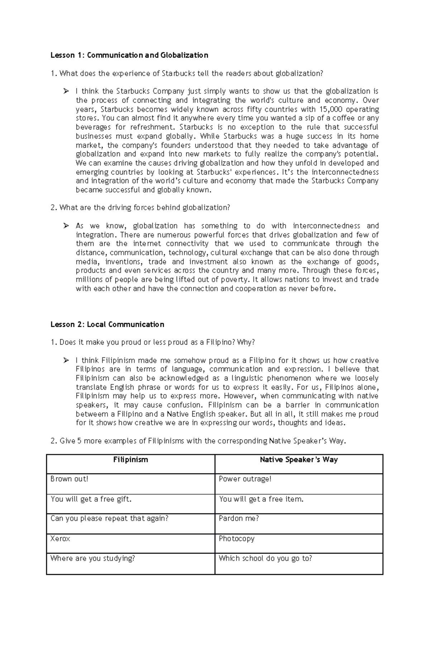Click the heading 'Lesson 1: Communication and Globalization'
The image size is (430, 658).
click(x=129, y=55)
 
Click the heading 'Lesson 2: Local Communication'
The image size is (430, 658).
click(x=107, y=325)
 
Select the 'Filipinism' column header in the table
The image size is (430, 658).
click(x=130, y=460)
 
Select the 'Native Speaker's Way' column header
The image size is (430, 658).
click(x=298, y=460)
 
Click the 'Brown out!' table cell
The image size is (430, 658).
click(x=69, y=479)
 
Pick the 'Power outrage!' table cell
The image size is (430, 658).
click(x=245, y=479)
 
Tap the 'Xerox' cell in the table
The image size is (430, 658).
click(x=60, y=539)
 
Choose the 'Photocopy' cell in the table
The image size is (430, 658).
click(x=236, y=539)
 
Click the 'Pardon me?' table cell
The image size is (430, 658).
click(x=239, y=519)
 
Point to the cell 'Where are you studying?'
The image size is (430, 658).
click(x=93, y=558)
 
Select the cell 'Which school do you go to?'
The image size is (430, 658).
click(x=265, y=558)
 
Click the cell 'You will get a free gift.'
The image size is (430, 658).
click(x=91, y=499)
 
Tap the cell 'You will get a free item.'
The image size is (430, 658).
click(x=261, y=499)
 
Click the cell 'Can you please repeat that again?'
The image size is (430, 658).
click(x=109, y=519)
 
